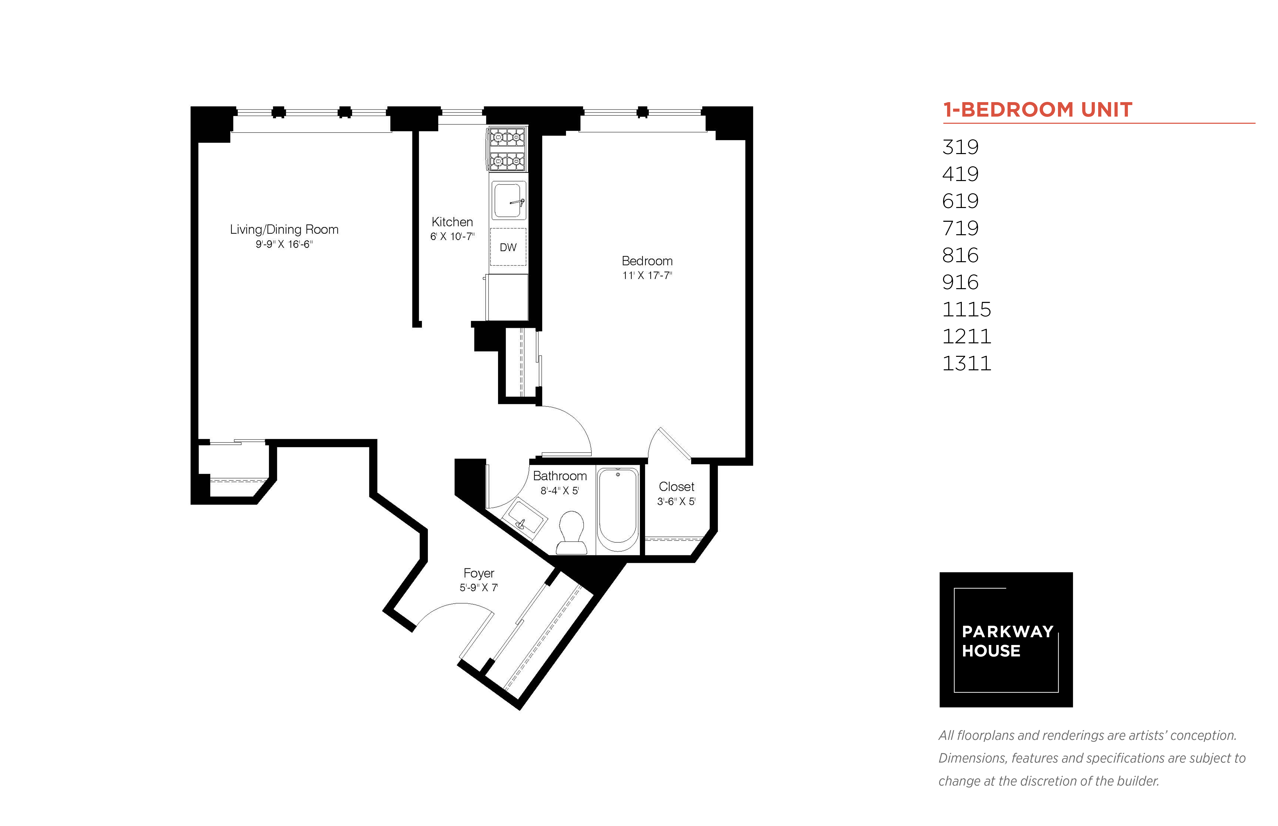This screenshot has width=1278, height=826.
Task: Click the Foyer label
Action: [x=479, y=573]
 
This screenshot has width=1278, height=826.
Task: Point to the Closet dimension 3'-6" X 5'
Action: [x=676, y=501]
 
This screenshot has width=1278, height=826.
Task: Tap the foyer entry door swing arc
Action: [x=451, y=609]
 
